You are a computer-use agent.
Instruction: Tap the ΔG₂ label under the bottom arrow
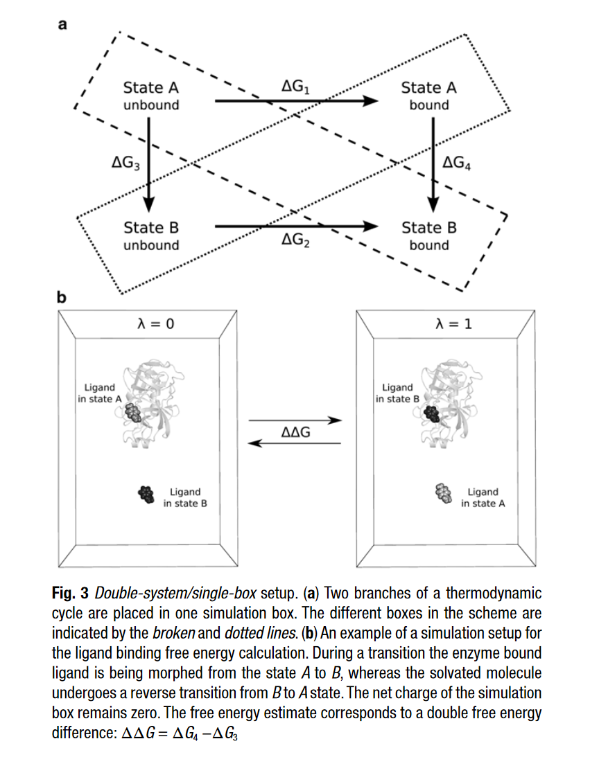click(296, 240)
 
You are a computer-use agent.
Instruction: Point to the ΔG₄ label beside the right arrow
click(457, 163)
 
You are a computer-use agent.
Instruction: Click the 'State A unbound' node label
click(150, 96)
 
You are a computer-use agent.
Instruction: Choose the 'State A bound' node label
click(428, 96)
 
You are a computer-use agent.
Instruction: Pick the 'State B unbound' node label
click(150, 236)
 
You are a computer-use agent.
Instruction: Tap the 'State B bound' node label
click(428, 236)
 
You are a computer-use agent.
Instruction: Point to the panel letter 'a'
click(62, 26)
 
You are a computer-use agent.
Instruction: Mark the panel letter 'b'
click(61, 299)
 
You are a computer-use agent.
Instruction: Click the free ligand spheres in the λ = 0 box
click(146, 493)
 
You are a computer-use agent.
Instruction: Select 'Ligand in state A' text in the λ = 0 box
click(100, 393)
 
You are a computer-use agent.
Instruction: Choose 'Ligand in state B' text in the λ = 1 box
click(397, 393)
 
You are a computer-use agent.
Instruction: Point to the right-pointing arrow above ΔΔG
click(296, 420)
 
